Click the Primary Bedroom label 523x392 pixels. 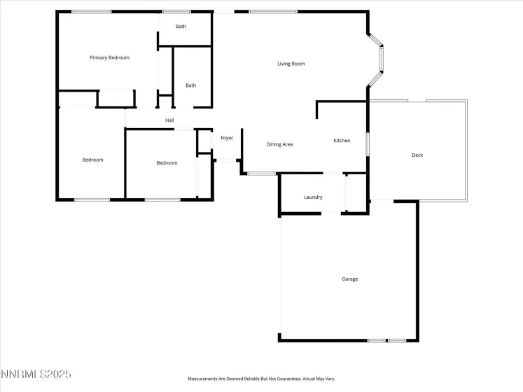pyautogui.click(x=109, y=57)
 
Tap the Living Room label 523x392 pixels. pyautogui.click(x=291, y=64)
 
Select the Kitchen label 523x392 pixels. pyautogui.click(x=342, y=141)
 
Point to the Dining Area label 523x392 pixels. pyautogui.click(x=279, y=144)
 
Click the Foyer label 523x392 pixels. pyautogui.click(x=227, y=138)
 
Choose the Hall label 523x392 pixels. pyautogui.click(x=169, y=120)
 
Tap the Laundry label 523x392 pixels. pyautogui.click(x=313, y=197)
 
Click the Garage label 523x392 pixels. pyautogui.click(x=349, y=279)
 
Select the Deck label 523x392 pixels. pyautogui.click(x=417, y=155)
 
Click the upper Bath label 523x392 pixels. pyautogui.click(x=181, y=27)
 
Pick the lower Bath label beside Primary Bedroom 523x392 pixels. pyautogui.click(x=190, y=85)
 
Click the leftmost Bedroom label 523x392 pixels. pyautogui.click(x=92, y=160)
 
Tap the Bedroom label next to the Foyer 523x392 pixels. pyautogui.click(x=167, y=163)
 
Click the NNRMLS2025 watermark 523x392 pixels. pyautogui.click(x=36, y=374)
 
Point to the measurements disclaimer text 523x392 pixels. pyautogui.click(x=261, y=379)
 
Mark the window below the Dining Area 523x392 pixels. pyautogui.click(x=261, y=174)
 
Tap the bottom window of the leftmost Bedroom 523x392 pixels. pyautogui.click(x=92, y=200)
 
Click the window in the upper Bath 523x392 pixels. pyautogui.click(x=176, y=11)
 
